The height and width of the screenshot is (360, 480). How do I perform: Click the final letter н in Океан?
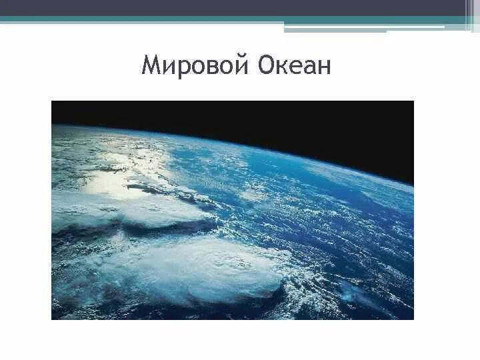pos(323,67)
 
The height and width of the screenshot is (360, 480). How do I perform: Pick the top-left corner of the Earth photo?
pos(52,101)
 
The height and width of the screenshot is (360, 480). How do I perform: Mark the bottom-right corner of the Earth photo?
pos(413,319)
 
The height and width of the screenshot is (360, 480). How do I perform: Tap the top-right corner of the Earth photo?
pos(413,101)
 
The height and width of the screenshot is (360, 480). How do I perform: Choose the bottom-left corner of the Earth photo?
pos(52,319)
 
